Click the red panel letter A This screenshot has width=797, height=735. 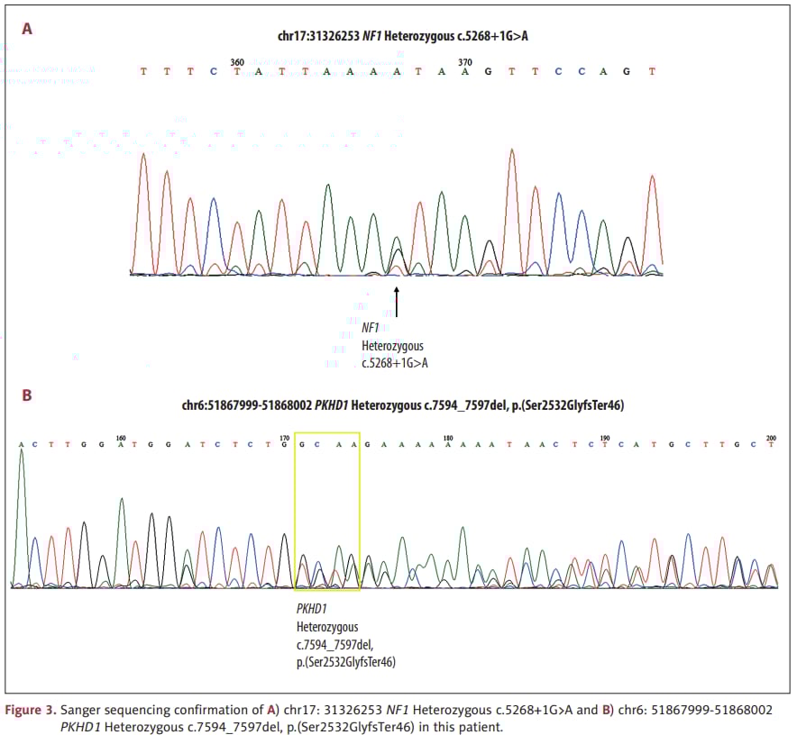click(x=27, y=29)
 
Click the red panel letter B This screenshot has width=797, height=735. click(x=27, y=395)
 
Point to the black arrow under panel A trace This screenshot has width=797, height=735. click(x=396, y=302)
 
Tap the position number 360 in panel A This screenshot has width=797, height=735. click(x=237, y=61)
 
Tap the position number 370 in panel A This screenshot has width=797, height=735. click(x=465, y=61)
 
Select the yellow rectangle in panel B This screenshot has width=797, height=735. click(x=327, y=517)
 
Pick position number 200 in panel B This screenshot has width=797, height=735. click(x=770, y=437)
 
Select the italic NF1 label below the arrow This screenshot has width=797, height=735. click(x=371, y=329)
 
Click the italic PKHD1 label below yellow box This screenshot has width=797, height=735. click(x=312, y=609)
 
